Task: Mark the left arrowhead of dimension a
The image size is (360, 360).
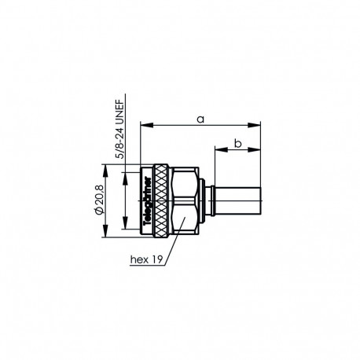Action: point(144,123)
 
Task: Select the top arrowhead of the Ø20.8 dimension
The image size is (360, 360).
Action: point(105,167)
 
